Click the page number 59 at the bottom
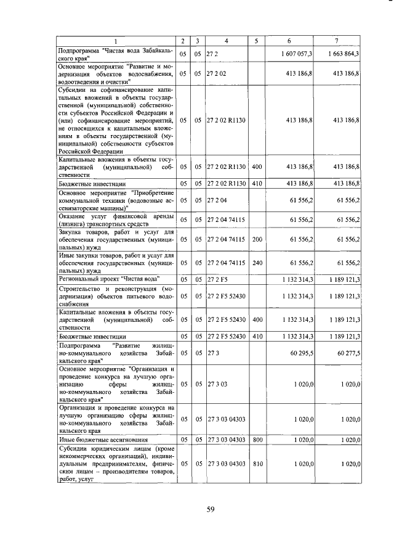pos(209,509)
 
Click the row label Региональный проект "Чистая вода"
pos(108,279)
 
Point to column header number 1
pos(115,41)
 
